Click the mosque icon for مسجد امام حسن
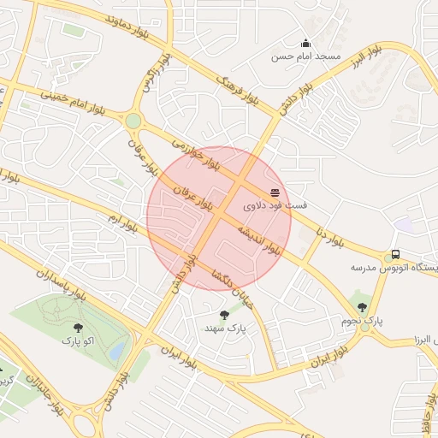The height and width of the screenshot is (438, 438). click(x=305, y=44)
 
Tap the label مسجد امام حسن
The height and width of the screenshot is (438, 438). click(x=306, y=56)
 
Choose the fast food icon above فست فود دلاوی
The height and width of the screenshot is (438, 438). click(x=275, y=192)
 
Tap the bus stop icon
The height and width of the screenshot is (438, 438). click(x=395, y=254)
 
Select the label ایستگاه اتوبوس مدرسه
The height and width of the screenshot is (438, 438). click(x=394, y=268)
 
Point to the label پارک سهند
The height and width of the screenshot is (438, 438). click(x=225, y=328)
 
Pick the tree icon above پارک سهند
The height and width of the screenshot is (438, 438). click(x=225, y=315)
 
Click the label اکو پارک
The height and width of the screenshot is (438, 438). click(x=79, y=340)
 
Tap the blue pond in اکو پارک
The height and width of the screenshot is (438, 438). click(x=118, y=349)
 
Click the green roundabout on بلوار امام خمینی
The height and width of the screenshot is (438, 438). click(x=133, y=121)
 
